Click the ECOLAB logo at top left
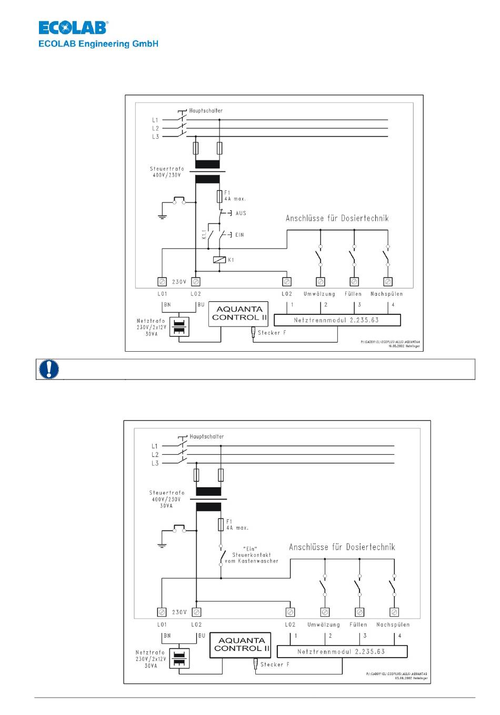tap(73, 27)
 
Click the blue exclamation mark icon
tap(49, 369)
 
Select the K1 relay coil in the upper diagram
tap(219, 260)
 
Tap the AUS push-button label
tap(241, 213)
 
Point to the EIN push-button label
tap(239, 235)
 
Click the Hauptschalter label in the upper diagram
tap(206, 111)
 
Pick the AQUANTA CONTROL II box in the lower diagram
tap(241, 645)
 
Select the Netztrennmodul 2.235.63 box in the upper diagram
tap(337, 320)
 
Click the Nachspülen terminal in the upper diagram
tap(388, 282)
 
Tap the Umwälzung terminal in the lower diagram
tap(325, 612)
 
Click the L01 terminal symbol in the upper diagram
tap(162, 282)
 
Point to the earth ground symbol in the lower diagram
tap(162, 545)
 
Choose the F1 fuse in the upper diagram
tap(219, 197)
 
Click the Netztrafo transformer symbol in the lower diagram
tap(181, 658)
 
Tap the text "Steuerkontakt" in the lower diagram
tap(252, 555)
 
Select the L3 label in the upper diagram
tap(155, 137)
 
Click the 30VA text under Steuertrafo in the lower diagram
tap(166, 506)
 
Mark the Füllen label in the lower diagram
tap(358, 625)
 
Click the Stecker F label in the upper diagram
tap(269, 333)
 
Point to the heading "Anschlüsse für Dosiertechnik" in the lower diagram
tap(342, 547)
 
